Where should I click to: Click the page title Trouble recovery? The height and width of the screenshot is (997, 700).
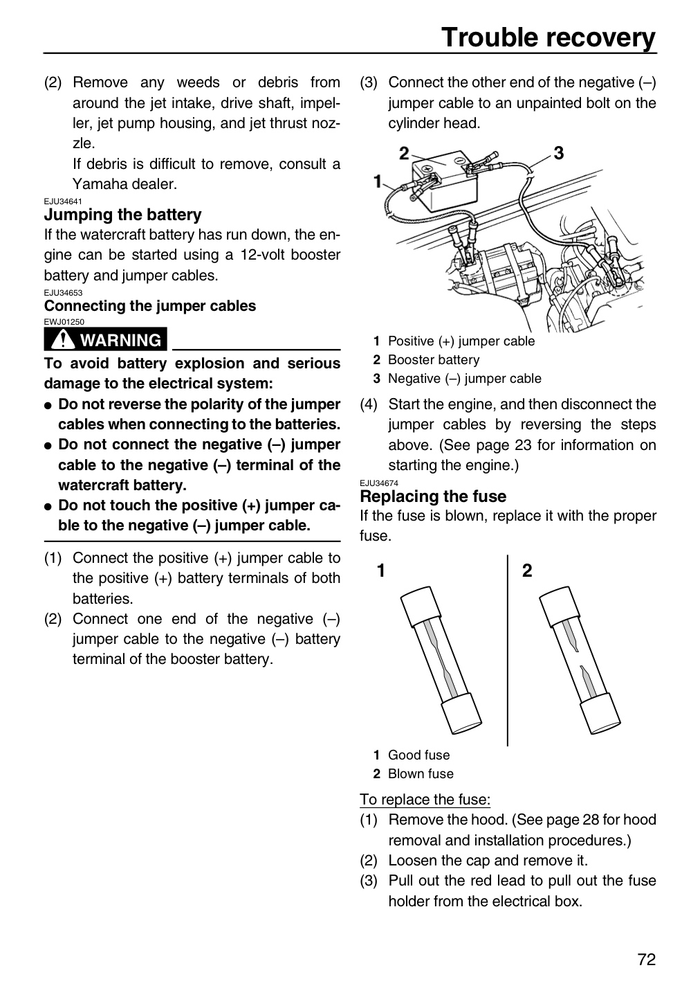coord(549,37)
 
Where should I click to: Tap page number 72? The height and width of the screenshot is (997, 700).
coord(647,960)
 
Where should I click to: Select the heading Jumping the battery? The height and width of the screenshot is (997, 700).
coord(122,215)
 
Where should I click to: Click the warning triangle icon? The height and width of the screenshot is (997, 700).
coord(63,339)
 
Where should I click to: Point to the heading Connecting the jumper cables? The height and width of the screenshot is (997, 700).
coord(150,306)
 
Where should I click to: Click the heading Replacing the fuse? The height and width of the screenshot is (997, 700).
coord(433,496)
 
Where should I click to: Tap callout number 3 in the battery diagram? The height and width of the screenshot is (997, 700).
coord(559,153)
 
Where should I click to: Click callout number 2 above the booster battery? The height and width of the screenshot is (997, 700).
coord(404,153)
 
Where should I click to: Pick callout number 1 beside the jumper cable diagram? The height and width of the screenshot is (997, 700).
coord(378,181)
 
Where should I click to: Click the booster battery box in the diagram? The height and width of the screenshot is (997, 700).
coord(444,182)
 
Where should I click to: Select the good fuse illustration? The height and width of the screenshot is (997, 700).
coord(441,660)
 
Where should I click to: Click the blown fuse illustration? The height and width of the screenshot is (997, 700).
coord(580,660)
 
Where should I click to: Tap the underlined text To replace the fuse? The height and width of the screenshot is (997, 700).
coord(425,799)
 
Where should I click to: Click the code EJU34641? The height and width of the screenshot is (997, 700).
coord(63,201)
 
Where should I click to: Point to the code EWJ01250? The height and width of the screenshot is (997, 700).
coord(64,322)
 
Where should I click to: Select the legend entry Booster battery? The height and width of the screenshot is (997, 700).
coord(434,359)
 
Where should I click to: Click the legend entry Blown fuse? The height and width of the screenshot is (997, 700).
coord(421,773)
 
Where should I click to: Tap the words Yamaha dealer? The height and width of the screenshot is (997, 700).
coord(125,184)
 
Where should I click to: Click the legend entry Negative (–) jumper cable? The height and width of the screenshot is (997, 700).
coord(465,378)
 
